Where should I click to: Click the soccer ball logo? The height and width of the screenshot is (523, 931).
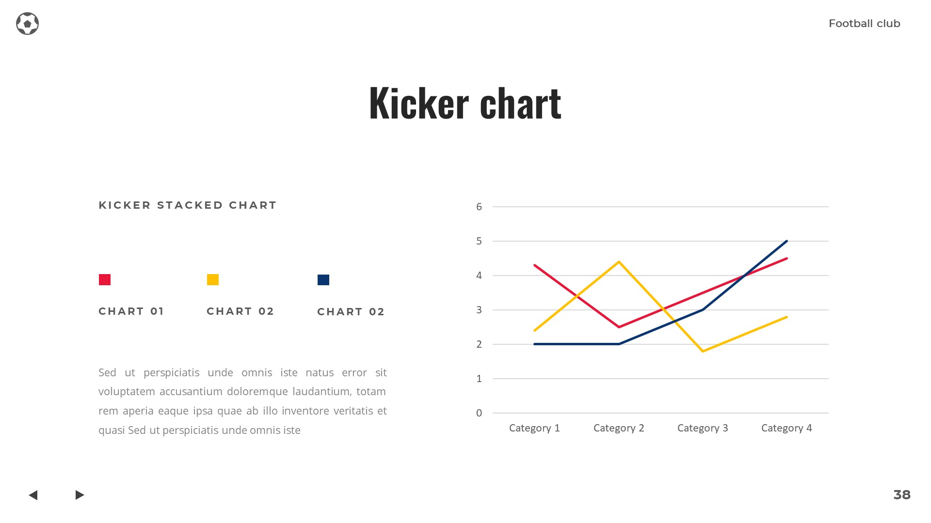[27, 23]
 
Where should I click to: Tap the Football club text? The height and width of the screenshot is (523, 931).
[864, 23]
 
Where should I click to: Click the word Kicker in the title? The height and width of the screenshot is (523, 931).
[418, 103]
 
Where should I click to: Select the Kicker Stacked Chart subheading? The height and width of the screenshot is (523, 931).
[187, 205]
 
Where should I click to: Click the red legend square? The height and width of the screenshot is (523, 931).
[105, 279]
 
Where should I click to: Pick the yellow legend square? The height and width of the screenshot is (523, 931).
[213, 279]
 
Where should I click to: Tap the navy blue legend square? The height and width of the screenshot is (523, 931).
[323, 280]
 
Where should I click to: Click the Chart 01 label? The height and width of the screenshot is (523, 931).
[131, 311]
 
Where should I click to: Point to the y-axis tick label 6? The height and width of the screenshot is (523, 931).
[479, 207]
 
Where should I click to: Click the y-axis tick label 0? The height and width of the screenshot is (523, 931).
[479, 413]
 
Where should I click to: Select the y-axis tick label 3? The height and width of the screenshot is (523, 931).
[479, 310]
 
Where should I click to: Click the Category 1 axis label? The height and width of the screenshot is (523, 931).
[534, 428]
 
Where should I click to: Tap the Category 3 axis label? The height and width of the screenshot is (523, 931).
[703, 428]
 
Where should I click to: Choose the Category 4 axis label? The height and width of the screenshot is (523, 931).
[787, 428]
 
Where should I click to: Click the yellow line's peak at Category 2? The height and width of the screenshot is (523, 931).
[619, 262]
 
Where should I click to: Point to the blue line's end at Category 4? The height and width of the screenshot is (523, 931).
[787, 241]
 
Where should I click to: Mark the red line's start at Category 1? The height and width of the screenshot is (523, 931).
[534, 265]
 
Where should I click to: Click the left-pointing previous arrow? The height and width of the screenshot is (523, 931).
[33, 495]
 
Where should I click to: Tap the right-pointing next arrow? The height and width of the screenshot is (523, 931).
[80, 495]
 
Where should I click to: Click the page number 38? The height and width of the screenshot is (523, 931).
[902, 495]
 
